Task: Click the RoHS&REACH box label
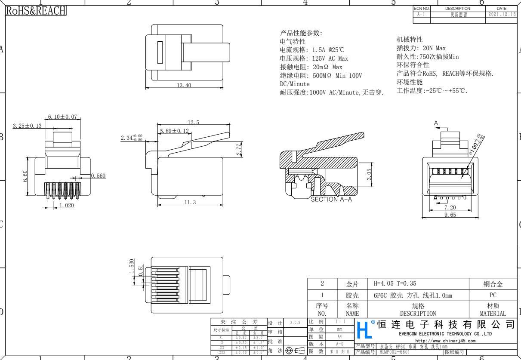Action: [35, 10]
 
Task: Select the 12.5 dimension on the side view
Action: [192, 123]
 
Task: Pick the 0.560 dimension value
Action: [99, 175]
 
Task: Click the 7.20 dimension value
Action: [450, 207]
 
